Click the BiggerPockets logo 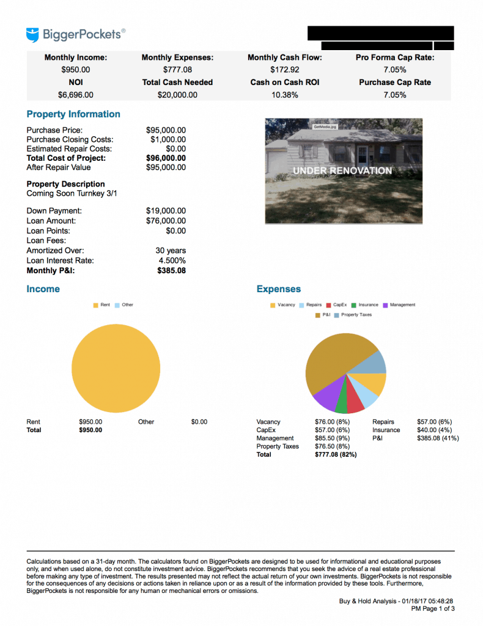tap(76, 34)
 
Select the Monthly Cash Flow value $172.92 tap(284, 70)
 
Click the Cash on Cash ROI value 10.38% tap(284, 95)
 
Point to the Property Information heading tap(73, 114)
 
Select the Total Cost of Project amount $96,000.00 tap(166, 158)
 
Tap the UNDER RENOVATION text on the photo tap(342, 171)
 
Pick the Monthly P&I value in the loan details tap(171, 270)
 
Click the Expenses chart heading tap(279, 289)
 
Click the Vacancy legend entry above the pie tap(282, 305)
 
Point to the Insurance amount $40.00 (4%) tap(434, 430)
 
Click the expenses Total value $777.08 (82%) tap(336, 455)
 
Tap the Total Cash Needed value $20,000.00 tap(177, 95)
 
